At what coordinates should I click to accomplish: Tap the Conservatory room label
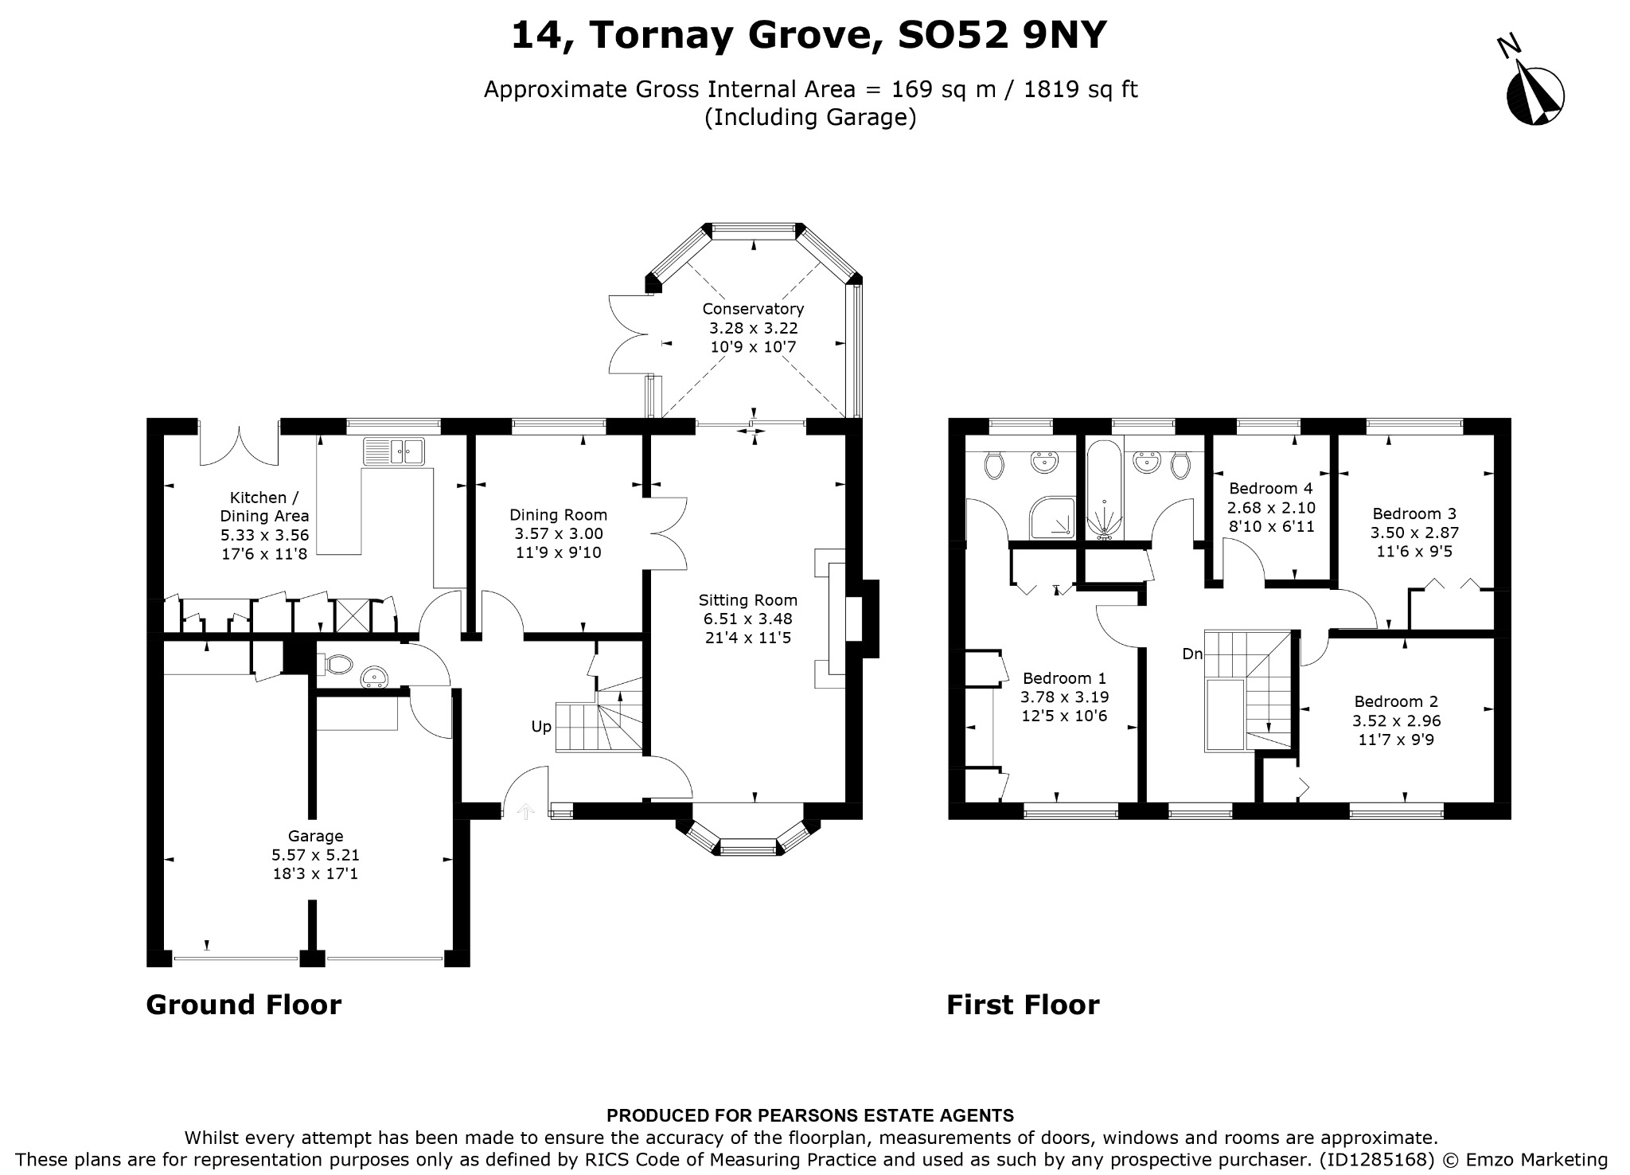tap(753, 309)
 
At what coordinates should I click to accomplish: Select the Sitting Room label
tap(748, 600)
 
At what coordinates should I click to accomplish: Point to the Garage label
tap(316, 837)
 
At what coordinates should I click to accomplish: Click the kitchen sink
tap(394, 451)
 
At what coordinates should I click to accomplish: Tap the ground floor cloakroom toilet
tap(337, 663)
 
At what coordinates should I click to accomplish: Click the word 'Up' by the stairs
tap(541, 727)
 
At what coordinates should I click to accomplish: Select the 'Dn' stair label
tap(1192, 654)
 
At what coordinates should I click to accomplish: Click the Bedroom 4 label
tap(1271, 488)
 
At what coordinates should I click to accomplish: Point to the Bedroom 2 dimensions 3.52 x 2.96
tap(1397, 721)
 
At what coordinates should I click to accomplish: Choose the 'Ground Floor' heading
tap(244, 1005)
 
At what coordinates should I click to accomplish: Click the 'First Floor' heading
tap(1023, 1005)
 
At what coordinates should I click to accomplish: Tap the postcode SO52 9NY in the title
tap(1002, 35)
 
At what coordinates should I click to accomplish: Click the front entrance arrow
tap(525, 810)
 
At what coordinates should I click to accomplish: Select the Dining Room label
tap(559, 515)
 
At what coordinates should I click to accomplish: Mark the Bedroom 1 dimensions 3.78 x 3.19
tap(1065, 697)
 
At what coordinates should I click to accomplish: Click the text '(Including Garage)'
tap(811, 118)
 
